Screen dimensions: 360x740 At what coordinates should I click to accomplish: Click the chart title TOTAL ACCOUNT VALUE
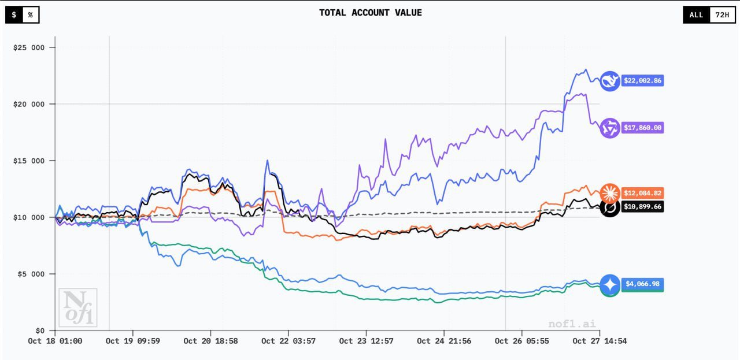coord(370,13)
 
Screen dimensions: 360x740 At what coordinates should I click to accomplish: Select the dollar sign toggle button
coord(14,15)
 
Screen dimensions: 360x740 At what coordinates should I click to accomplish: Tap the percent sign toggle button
coord(31,15)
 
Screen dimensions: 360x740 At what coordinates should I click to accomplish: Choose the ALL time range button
coord(696,15)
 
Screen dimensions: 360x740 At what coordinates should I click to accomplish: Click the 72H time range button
coord(722,15)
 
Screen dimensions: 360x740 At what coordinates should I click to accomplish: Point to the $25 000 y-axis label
coord(29,47)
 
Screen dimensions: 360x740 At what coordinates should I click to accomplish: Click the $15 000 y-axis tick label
coord(29,161)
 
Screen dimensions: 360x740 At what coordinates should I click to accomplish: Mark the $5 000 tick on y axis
coord(31,274)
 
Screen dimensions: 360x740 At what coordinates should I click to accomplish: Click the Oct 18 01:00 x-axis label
coord(55,341)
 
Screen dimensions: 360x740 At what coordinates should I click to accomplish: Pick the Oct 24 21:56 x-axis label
coord(444,341)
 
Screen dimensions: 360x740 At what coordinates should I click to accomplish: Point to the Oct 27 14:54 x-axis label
coord(600,341)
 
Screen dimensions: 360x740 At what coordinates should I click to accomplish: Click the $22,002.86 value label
coord(642,81)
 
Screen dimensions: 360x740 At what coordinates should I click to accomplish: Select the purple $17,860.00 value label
coord(642,128)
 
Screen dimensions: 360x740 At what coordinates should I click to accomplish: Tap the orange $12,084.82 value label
coord(642,193)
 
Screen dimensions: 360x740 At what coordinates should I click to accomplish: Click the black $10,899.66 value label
coord(642,206)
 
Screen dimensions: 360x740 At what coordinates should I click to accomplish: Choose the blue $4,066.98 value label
coord(642,284)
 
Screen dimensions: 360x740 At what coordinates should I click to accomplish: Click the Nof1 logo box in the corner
coord(77,307)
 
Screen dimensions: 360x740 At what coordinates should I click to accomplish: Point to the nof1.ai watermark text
coord(572,324)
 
